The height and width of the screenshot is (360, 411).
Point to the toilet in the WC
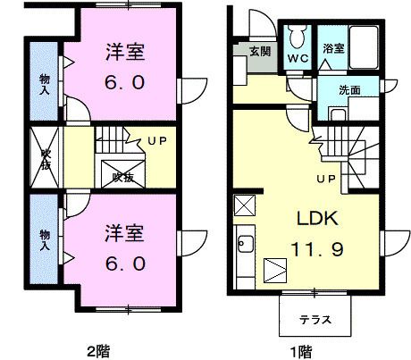pyautogui.click(x=297, y=38)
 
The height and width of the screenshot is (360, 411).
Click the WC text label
pyautogui.click(x=297, y=61)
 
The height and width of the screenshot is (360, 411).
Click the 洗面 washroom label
pyautogui.click(x=351, y=90)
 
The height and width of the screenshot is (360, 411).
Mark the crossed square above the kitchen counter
pyautogui.click(x=244, y=205)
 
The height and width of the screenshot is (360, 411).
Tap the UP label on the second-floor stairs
pyautogui.click(x=156, y=141)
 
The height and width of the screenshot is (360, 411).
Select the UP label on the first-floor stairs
pyautogui.click(x=325, y=180)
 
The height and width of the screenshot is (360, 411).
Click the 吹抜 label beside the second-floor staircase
pyautogui.click(x=123, y=177)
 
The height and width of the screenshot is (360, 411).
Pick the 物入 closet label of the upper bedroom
pyautogui.click(x=45, y=83)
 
